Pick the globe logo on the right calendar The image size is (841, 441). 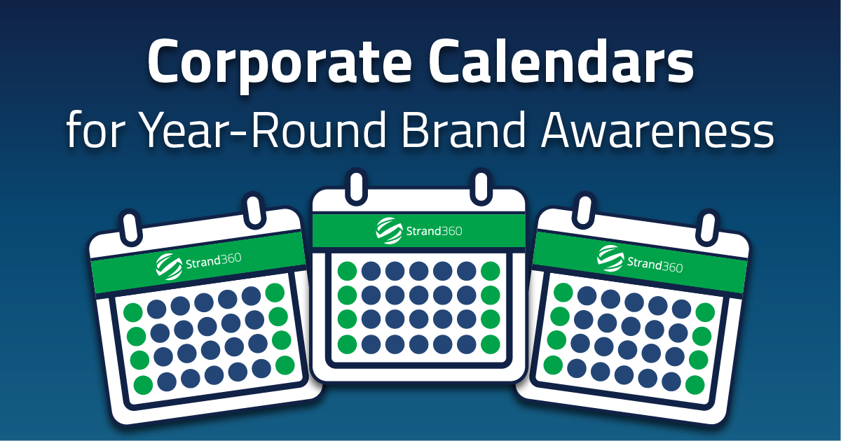coord(610,258)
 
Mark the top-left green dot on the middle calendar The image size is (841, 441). coord(347,271)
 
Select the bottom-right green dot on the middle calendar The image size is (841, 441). coord(490,344)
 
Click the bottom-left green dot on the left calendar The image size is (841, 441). coord(144,384)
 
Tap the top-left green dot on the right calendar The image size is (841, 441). coord(562,293)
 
